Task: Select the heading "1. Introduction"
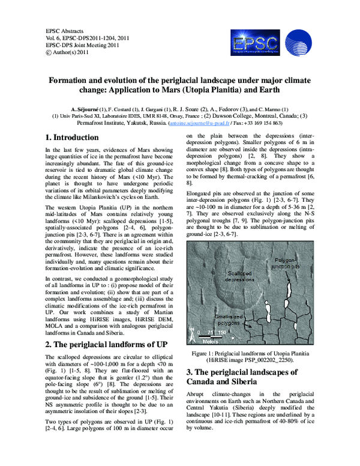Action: tap(73, 138)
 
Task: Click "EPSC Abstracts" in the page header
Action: tap(65, 30)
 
